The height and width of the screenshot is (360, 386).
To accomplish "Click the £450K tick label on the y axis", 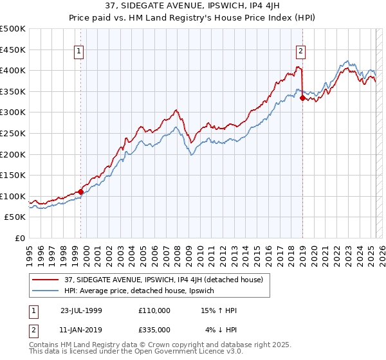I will pyautogui.click(x=13, y=50).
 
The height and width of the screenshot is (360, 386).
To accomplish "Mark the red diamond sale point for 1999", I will pyautogui.click(x=80, y=192).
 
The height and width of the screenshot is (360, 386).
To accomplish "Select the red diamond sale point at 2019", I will pyautogui.click(x=302, y=98).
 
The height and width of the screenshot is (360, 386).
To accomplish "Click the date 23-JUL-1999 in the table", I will pyautogui.click(x=80, y=310).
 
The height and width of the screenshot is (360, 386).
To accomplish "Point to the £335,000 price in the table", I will pyautogui.click(x=154, y=330).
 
